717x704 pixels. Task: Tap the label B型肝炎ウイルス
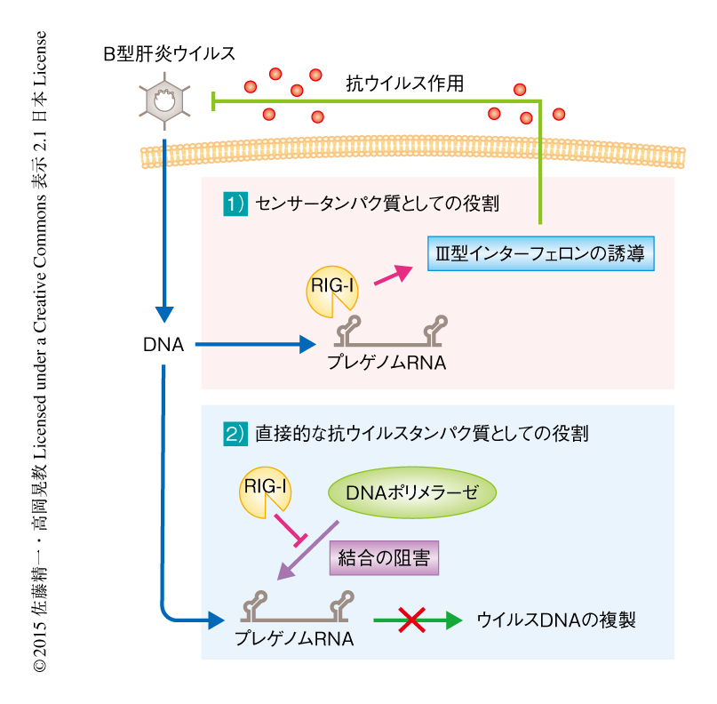click(169, 54)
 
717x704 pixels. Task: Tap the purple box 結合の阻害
click(385, 557)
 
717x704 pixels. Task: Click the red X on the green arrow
click(410, 620)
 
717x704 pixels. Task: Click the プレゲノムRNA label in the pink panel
click(386, 363)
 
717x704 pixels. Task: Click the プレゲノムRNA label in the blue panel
click(295, 638)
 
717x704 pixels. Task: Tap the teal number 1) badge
click(234, 204)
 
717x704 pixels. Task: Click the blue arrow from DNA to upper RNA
click(253, 343)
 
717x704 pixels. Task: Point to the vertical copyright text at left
click(41, 356)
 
